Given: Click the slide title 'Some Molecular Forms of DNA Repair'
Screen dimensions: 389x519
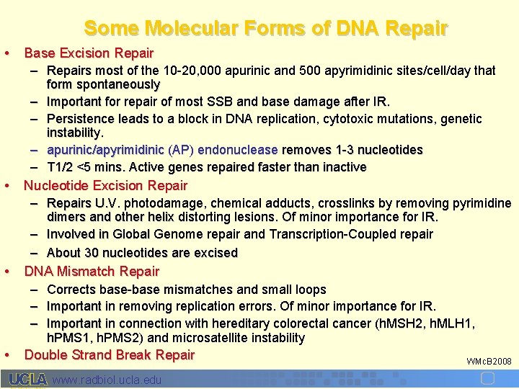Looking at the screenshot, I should click(265, 28).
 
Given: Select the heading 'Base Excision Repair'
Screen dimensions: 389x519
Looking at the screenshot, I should click(89, 53).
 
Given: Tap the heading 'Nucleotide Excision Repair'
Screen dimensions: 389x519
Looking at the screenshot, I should click(105, 186).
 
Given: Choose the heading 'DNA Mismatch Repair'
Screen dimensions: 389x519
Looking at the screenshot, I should click(92, 272).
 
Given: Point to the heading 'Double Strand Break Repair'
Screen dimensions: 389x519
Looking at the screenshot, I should click(110, 354).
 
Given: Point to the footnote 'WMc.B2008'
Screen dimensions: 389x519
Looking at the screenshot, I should click(489, 361).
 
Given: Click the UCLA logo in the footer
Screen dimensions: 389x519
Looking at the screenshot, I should click(27, 380).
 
